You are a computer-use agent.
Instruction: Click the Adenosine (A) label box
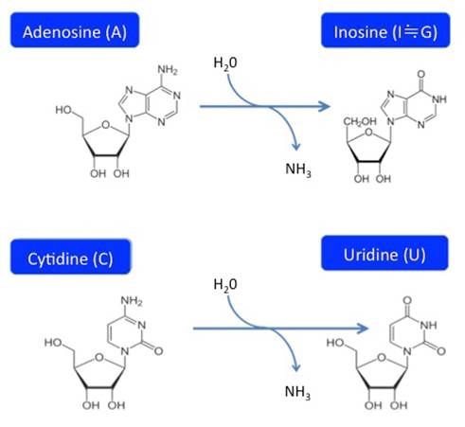click(x=75, y=30)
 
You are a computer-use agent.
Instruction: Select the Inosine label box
click(x=385, y=30)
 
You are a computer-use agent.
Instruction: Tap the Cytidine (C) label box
click(x=70, y=257)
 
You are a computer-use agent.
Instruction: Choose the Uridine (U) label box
click(x=385, y=253)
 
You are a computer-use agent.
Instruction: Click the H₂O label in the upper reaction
click(x=225, y=63)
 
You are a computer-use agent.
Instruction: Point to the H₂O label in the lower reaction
click(x=225, y=285)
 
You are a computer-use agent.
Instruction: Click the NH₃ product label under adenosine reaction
click(x=298, y=169)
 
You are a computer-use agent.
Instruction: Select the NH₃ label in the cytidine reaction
click(x=297, y=392)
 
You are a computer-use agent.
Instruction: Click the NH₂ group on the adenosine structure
click(x=168, y=70)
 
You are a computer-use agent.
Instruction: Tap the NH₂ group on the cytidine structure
click(x=132, y=300)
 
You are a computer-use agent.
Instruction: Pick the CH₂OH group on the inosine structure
click(x=360, y=121)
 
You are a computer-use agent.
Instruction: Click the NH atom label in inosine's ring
click(x=439, y=99)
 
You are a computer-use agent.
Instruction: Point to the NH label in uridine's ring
click(x=429, y=325)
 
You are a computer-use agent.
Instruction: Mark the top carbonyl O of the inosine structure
click(x=421, y=75)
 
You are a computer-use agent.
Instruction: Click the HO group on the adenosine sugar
click(x=63, y=110)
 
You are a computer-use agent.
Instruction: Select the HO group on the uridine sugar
click(x=334, y=343)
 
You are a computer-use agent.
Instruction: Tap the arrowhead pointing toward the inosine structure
click(x=324, y=106)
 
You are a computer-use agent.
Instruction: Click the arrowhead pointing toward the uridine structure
click(x=363, y=329)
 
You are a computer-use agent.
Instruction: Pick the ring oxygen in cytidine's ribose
click(x=99, y=357)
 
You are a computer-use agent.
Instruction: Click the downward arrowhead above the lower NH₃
click(x=295, y=367)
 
